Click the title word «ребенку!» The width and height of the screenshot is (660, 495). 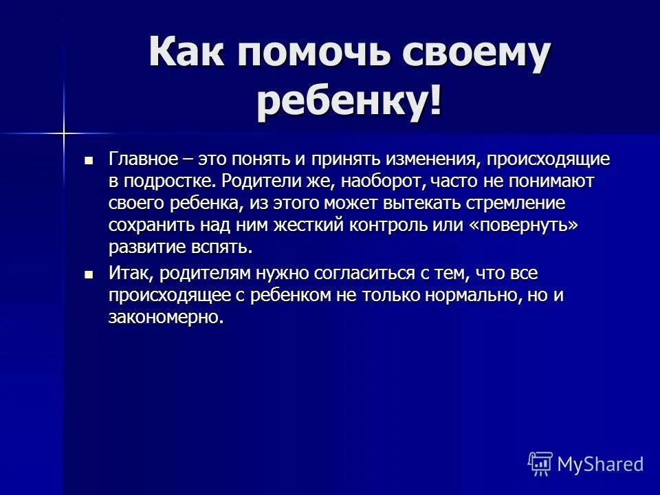coord(349,103)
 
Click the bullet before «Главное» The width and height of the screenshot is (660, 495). coord(87,160)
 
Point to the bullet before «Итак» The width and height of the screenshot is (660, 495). coord(87,274)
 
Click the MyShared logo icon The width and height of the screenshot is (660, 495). coord(540,464)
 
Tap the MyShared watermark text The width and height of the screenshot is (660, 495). coord(601,464)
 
